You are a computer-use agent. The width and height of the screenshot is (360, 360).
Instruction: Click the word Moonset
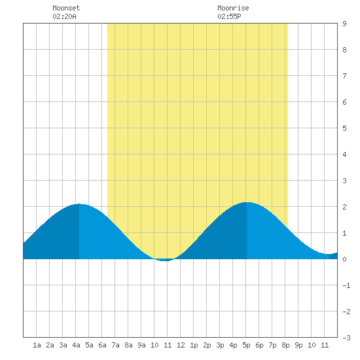click(66, 8)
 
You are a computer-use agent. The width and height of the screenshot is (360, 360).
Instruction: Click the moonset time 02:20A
click(64, 16)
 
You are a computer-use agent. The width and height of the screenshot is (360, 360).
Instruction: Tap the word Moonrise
click(233, 8)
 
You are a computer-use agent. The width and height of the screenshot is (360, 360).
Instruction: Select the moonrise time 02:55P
click(229, 16)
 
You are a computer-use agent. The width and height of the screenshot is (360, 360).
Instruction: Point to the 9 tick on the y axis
click(344, 24)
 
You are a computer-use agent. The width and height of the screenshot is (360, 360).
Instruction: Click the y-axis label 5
click(344, 128)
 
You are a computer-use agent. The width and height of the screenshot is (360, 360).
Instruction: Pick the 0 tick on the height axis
click(344, 259)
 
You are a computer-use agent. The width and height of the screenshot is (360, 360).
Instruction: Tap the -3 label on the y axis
click(346, 338)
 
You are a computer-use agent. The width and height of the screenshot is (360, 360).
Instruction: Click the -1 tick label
click(346, 285)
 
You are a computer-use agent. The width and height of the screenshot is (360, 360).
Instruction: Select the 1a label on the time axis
click(37, 345)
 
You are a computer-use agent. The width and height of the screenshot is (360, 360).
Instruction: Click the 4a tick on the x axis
click(76, 345)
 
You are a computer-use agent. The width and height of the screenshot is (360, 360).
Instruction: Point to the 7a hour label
click(115, 345)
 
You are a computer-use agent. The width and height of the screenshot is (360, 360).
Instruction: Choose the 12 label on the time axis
click(181, 345)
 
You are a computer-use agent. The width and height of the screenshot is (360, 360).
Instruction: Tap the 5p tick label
click(246, 345)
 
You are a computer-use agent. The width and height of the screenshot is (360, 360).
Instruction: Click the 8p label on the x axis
click(285, 345)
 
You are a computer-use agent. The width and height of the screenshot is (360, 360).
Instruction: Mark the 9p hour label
click(298, 345)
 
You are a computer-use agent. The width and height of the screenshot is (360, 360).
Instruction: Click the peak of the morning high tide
click(79, 204)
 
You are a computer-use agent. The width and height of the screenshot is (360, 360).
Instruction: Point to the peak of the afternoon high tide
click(247, 202)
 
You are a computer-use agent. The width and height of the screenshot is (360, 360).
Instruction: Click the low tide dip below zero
click(164, 260)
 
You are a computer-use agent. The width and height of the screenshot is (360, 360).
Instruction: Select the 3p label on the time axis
click(220, 345)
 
